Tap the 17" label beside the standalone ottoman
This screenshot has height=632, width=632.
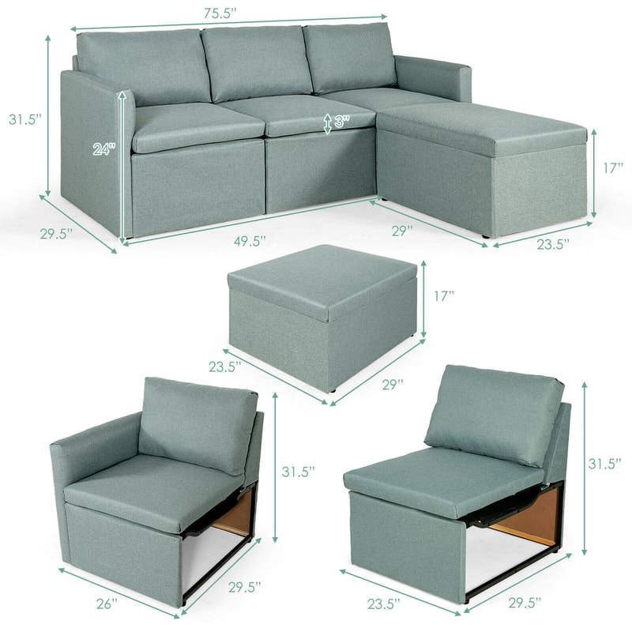pos(445,296)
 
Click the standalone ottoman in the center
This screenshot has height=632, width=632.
pos(322,316)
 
